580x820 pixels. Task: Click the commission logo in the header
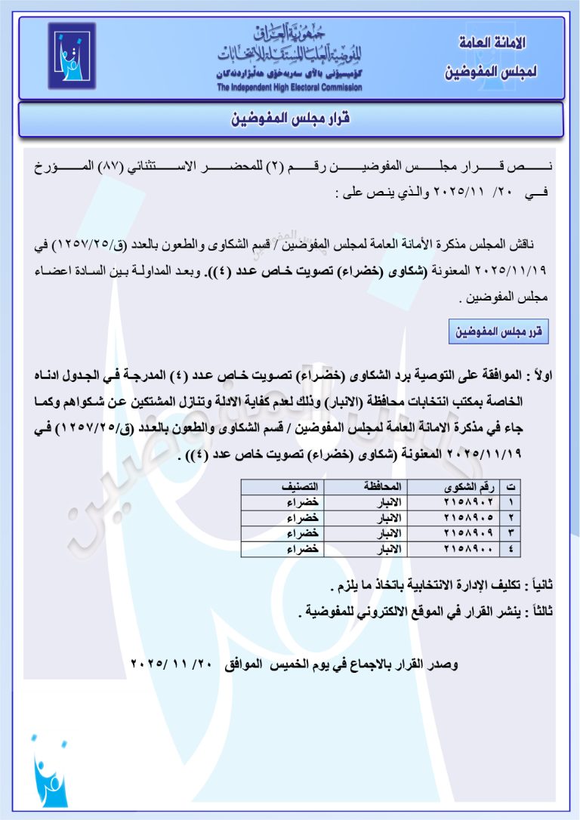click(x=72, y=56)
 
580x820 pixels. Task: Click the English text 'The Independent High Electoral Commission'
click(x=289, y=88)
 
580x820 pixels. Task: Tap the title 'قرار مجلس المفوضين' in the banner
click(x=291, y=119)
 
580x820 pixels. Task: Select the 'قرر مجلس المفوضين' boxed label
click(x=498, y=331)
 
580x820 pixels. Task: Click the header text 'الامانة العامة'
click(x=492, y=43)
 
